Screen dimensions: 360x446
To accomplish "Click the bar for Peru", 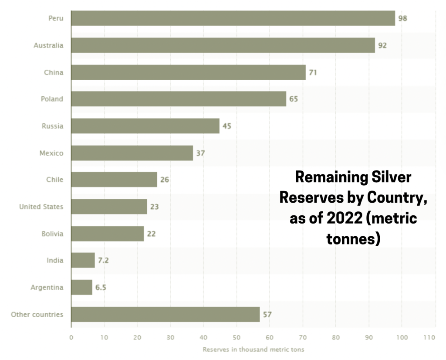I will pos(233,18).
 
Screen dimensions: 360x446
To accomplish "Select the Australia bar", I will pos(223,45).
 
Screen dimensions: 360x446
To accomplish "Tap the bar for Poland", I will pos(179,99).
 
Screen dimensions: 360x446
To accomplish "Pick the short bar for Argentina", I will pos(81,288).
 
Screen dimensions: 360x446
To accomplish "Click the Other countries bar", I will pos(165,314).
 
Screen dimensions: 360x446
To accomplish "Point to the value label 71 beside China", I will pos(313,72).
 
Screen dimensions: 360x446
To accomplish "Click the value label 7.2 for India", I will pos(104,261).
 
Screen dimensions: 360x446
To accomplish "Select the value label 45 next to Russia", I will pos(227,126).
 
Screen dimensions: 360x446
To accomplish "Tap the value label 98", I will pos(403,19).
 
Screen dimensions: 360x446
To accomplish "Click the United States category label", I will pos(41,207).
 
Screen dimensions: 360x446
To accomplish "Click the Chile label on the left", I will pos(54,180).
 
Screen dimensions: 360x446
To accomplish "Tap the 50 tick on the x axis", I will pos(236,337).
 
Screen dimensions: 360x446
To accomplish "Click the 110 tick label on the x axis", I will pos(429,337).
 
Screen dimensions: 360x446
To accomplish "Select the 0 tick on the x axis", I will pos(71,337).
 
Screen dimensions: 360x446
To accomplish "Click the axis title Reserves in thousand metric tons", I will pos(253,350).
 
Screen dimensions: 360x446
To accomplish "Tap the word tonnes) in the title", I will pos(353,238).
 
